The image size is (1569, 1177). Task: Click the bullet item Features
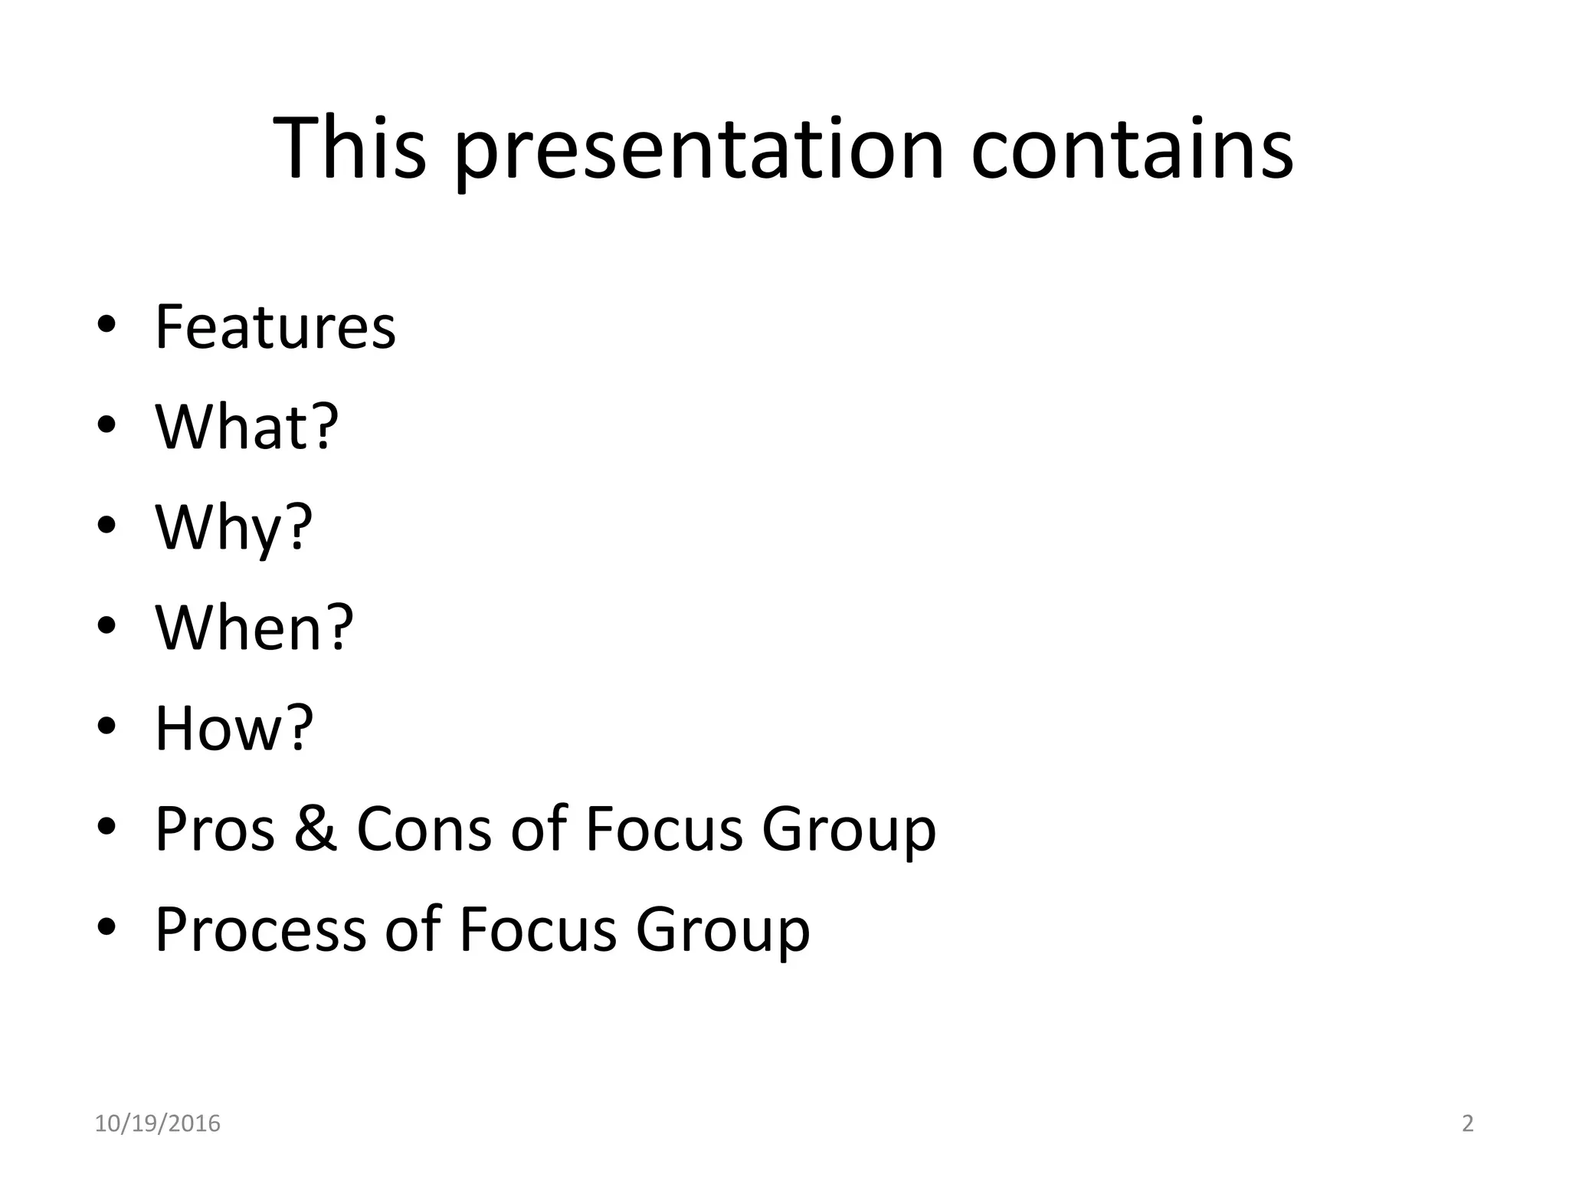pos(275,327)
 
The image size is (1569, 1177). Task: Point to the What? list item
pos(247,427)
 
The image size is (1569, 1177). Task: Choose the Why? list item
pos(234,528)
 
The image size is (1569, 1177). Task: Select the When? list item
pos(254,628)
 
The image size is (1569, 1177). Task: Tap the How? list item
pos(234,728)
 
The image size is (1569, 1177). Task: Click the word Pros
pos(215,829)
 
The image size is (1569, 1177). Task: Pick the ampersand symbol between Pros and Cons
pos(315,829)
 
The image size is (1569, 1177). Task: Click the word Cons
pos(424,829)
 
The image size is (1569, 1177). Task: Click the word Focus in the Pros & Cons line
pos(664,829)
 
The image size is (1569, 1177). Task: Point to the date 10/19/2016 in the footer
pos(157,1123)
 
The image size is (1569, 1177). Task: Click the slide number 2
pos(1467,1123)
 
